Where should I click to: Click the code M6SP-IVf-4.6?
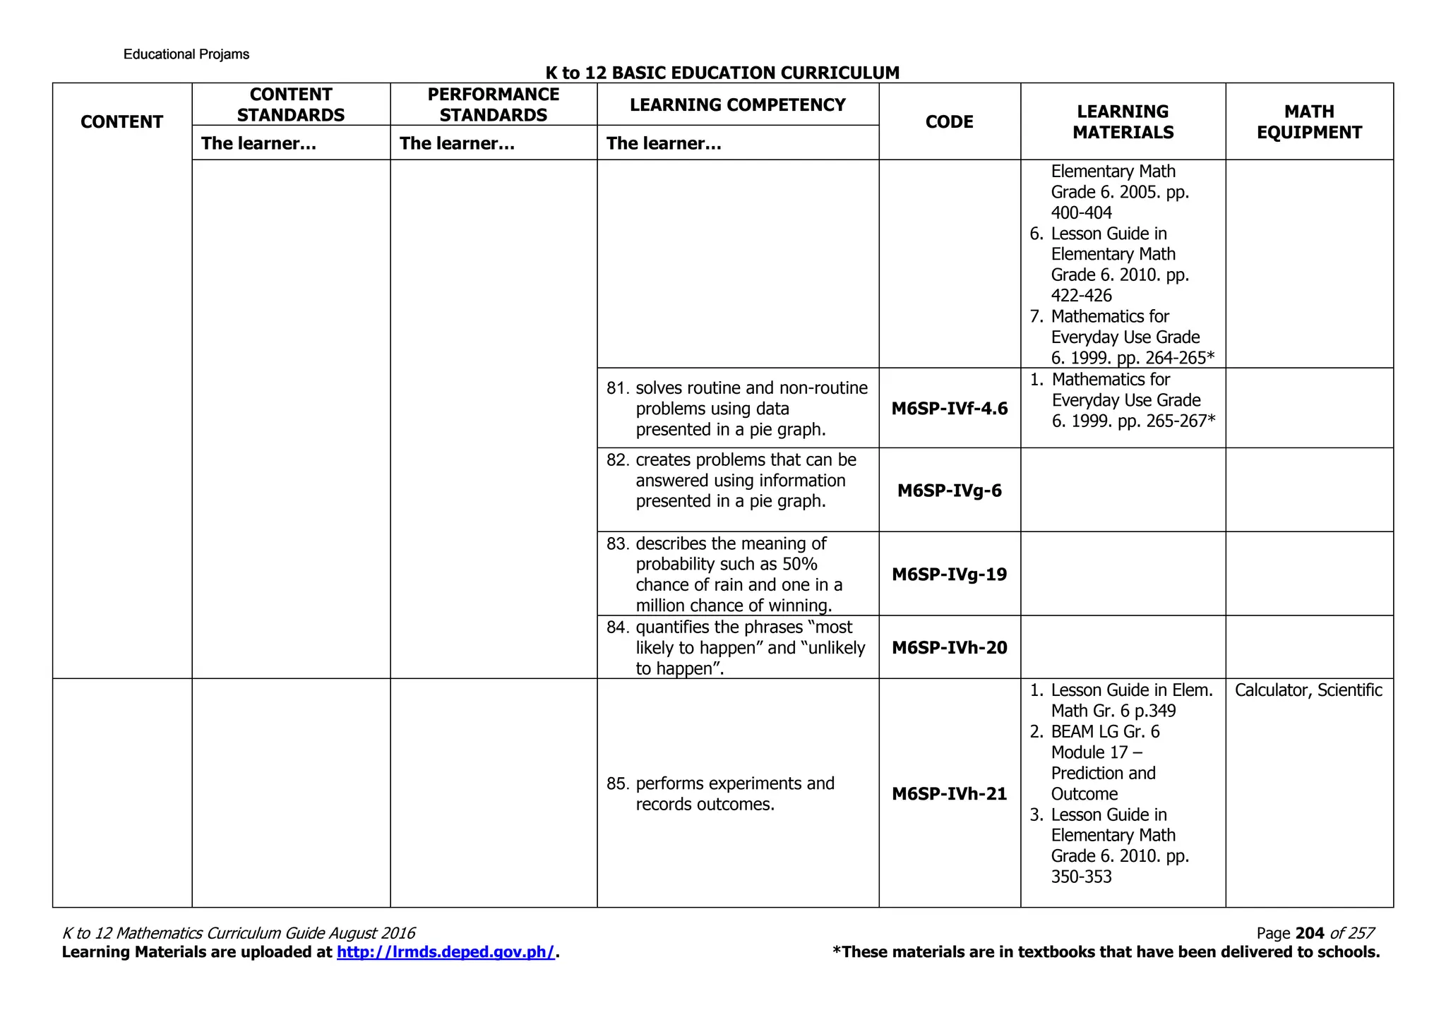(x=949, y=409)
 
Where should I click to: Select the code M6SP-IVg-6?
(x=949, y=491)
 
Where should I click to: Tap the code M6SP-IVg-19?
(x=949, y=575)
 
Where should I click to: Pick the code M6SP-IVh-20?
(x=949, y=648)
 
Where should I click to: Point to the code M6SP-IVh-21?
(x=949, y=794)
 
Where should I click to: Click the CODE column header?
(x=949, y=122)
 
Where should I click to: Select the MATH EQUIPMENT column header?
(x=1309, y=122)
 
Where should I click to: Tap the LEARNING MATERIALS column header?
(x=1123, y=122)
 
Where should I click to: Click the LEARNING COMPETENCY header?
(x=737, y=105)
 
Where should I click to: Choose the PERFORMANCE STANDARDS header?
(x=493, y=105)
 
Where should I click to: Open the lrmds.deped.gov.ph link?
(x=446, y=952)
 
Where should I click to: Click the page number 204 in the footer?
(x=1310, y=933)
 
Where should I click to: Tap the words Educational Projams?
(x=186, y=54)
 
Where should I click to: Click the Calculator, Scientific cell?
(x=1308, y=690)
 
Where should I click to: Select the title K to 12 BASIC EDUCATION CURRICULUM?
(x=722, y=73)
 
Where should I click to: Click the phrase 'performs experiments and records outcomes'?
(x=734, y=794)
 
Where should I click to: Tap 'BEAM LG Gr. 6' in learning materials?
(x=1105, y=732)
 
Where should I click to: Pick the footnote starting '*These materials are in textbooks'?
(x=1106, y=952)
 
